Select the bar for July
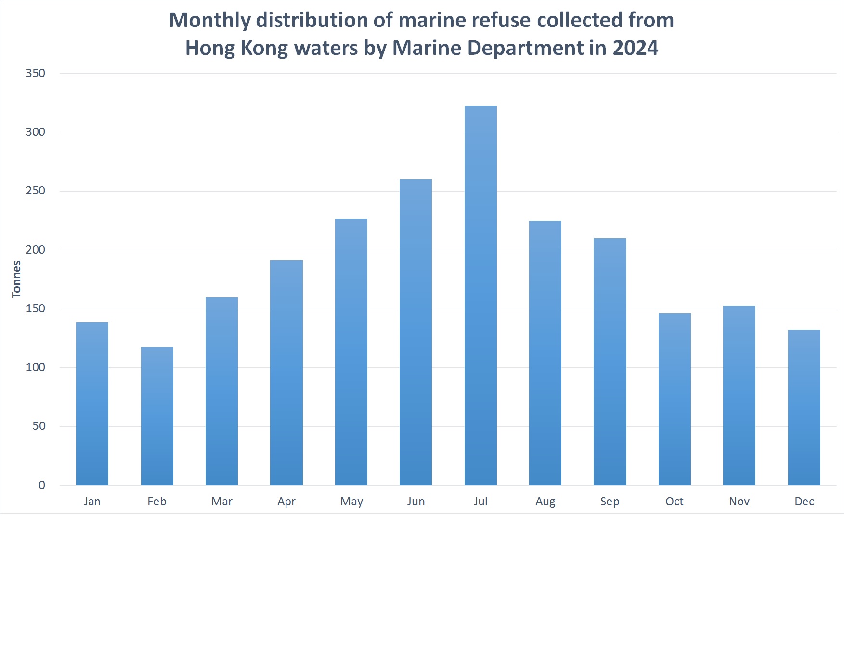pyautogui.click(x=480, y=296)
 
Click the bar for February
pyautogui.click(x=157, y=416)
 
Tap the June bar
pyautogui.click(x=416, y=332)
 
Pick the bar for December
pyautogui.click(x=804, y=407)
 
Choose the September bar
pyautogui.click(x=610, y=361)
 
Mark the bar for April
pyautogui.click(x=286, y=373)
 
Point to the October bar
pyautogui.click(x=675, y=399)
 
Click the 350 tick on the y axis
pyautogui.click(x=35, y=73)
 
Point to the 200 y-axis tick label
pyautogui.click(x=35, y=250)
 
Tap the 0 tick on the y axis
pyautogui.click(x=42, y=485)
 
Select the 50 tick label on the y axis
pyautogui.click(x=39, y=426)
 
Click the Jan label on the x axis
pyautogui.click(x=92, y=502)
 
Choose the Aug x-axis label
pyautogui.click(x=545, y=502)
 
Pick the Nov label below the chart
pyautogui.click(x=739, y=502)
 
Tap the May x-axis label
pyautogui.click(x=351, y=502)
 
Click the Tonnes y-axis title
pyautogui.click(x=16, y=279)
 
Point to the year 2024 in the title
pyautogui.click(x=635, y=48)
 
